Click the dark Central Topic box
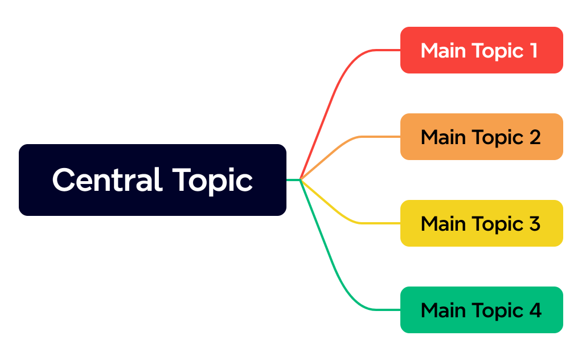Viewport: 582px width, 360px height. [152, 180]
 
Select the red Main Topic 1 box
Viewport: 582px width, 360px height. [481, 50]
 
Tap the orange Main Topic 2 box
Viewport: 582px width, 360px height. [481, 137]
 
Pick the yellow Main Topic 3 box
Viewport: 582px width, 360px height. [481, 223]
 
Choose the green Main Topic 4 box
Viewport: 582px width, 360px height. [481, 310]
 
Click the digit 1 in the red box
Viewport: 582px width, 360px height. [533, 51]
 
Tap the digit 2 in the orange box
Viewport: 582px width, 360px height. [534, 137]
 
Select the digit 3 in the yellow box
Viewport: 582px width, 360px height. [534, 224]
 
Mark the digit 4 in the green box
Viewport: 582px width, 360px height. [535, 310]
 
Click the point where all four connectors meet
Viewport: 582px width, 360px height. [301, 180]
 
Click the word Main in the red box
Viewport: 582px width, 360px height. [442, 51]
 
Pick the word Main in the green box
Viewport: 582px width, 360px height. [442, 310]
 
